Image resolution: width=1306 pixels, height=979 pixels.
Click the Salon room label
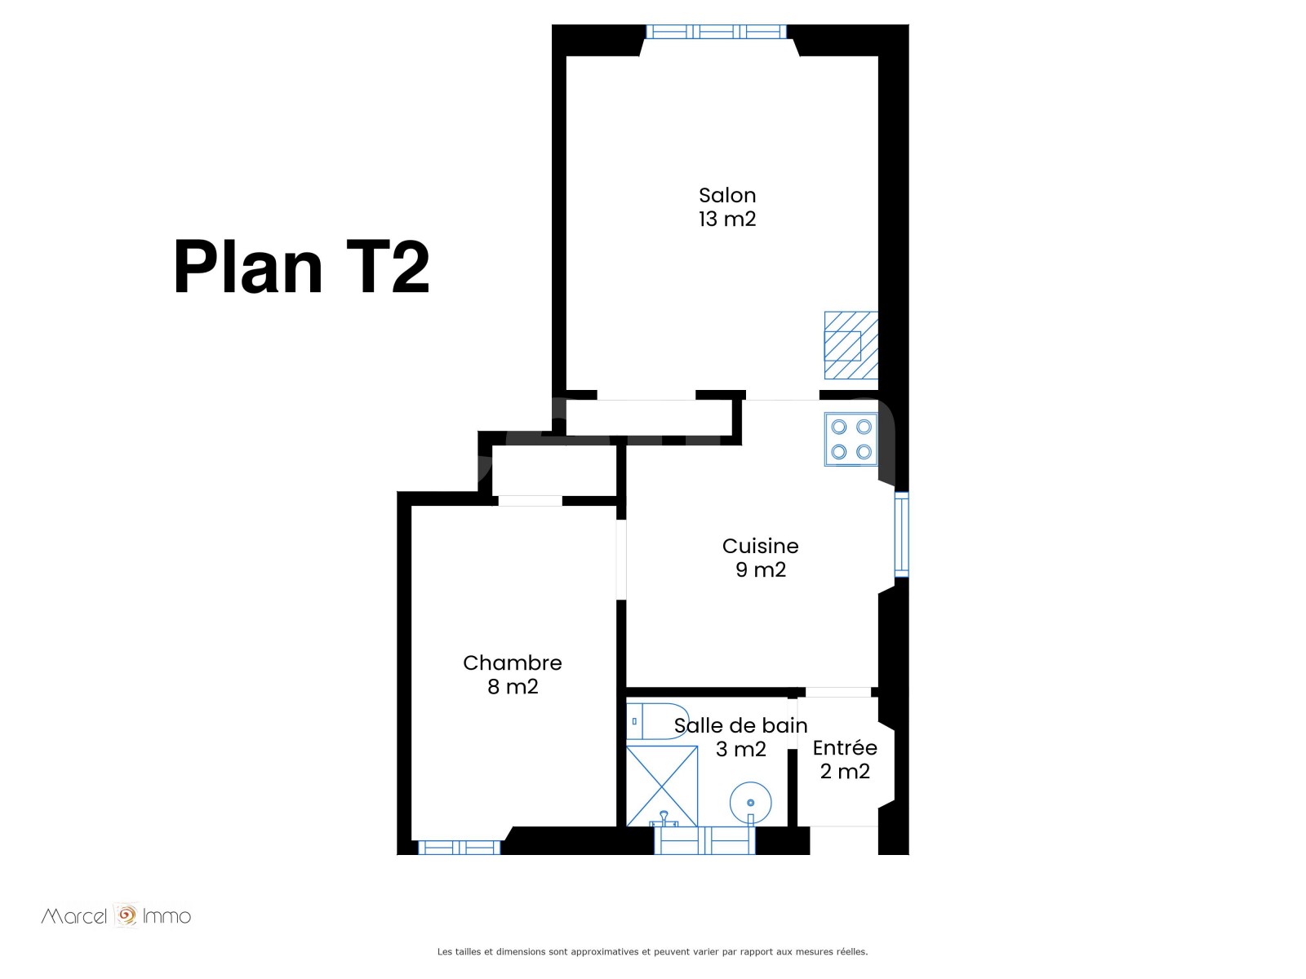coord(727,195)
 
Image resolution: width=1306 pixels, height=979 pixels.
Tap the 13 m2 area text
coord(727,219)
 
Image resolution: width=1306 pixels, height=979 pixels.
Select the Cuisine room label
coord(760,546)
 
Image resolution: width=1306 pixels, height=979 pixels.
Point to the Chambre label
coord(513,662)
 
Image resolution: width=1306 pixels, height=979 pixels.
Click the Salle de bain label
coord(741,725)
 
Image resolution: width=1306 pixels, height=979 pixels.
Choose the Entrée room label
coord(845,747)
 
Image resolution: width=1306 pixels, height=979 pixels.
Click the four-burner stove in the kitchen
coord(851,439)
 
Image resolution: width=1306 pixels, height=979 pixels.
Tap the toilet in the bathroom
coord(657,721)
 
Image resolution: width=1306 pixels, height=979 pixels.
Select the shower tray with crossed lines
coord(662,786)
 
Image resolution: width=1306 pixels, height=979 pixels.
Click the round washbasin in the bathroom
coord(750,803)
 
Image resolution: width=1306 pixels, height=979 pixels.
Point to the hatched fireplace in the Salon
coord(851,345)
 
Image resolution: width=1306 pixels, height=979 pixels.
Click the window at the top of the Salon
coord(716,32)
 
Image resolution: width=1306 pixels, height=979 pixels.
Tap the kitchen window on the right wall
coord(901,534)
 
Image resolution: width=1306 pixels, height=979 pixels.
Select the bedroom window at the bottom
coord(460,848)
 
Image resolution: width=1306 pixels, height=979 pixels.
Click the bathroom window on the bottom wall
coord(704,840)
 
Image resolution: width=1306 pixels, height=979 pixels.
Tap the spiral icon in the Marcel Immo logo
coord(126,915)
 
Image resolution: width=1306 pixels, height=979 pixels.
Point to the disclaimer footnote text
coord(652,951)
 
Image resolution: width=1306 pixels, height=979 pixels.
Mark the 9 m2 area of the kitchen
coord(761,569)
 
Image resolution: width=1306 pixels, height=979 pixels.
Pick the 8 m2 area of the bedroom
coord(513,687)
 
